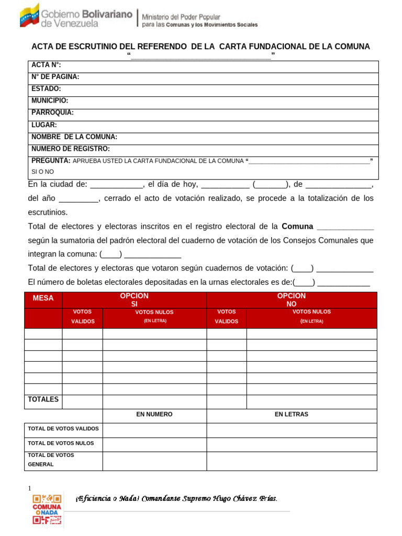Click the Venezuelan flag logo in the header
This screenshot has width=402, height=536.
pyautogui.click(x=29, y=16)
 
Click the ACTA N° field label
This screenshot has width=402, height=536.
pyautogui.click(x=46, y=65)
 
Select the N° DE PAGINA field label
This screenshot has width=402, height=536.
pyautogui.click(x=55, y=77)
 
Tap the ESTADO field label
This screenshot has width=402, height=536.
pyautogui.click(x=46, y=89)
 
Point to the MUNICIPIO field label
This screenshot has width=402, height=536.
pyautogui.click(x=50, y=100)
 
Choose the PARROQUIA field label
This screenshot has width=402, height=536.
pyautogui.click(x=52, y=113)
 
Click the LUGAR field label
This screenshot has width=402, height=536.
pyautogui.click(x=44, y=125)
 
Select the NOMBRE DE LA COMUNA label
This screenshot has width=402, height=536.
pyautogui.click(x=74, y=137)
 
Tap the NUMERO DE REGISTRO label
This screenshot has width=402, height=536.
pyautogui.click(x=71, y=149)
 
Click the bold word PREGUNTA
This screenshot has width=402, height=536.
pyautogui.click(x=51, y=161)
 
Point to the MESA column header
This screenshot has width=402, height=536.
pyautogui.click(x=43, y=298)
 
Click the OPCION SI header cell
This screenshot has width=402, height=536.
pyautogui.click(x=134, y=300)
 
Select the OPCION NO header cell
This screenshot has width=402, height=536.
pyautogui.click(x=292, y=300)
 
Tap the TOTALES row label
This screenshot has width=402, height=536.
pyautogui.click(x=43, y=400)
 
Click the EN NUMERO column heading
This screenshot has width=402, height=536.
pyautogui.click(x=154, y=415)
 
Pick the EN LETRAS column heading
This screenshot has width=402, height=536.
pyautogui.click(x=292, y=415)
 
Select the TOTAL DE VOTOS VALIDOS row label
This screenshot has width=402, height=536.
pyautogui.click(x=63, y=429)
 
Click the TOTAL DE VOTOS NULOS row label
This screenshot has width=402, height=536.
pyautogui.click(x=61, y=443)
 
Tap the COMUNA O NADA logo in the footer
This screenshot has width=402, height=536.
pyautogui.click(x=47, y=509)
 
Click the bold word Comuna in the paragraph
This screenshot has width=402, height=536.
pyautogui.click(x=297, y=227)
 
